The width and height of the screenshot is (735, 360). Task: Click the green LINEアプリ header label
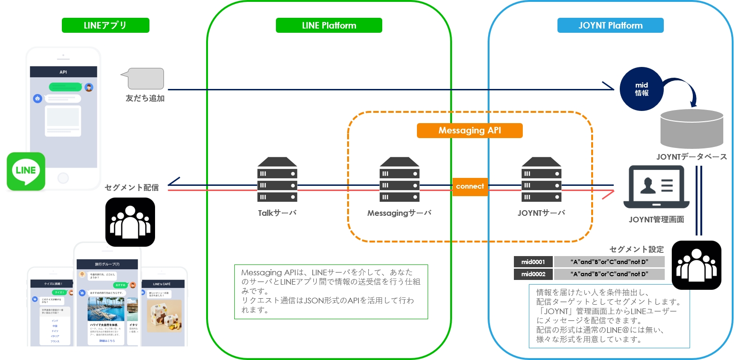pyautogui.click(x=105, y=25)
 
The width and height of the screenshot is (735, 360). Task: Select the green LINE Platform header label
pyautogui.click(x=329, y=25)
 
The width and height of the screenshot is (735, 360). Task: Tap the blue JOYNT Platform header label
pyautogui.click(x=610, y=25)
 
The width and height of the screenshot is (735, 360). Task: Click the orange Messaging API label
pyautogui.click(x=469, y=130)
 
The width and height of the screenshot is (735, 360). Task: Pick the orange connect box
pyautogui.click(x=470, y=186)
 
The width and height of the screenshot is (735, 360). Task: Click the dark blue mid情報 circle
pyautogui.click(x=641, y=89)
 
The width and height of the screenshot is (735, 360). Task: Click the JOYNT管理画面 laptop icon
pyautogui.click(x=656, y=187)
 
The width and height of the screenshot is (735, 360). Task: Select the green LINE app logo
pyautogui.click(x=26, y=171)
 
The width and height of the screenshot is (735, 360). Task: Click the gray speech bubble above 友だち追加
pyautogui.click(x=145, y=79)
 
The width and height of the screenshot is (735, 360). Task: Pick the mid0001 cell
pyautogui.click(x=533, y=262)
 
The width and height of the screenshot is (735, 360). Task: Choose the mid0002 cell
pyautogui.click(x=533, y=274)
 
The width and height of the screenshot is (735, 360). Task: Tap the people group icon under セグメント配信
pyautogui.click(x=130, y=222)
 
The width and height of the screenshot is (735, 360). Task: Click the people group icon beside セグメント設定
pyautogui.click(x=696, y=265)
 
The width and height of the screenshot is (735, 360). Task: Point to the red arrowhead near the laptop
pyautogui.click(x=608, y=194)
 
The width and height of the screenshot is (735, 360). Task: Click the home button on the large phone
pyautogui.click(x=63, y=178)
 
